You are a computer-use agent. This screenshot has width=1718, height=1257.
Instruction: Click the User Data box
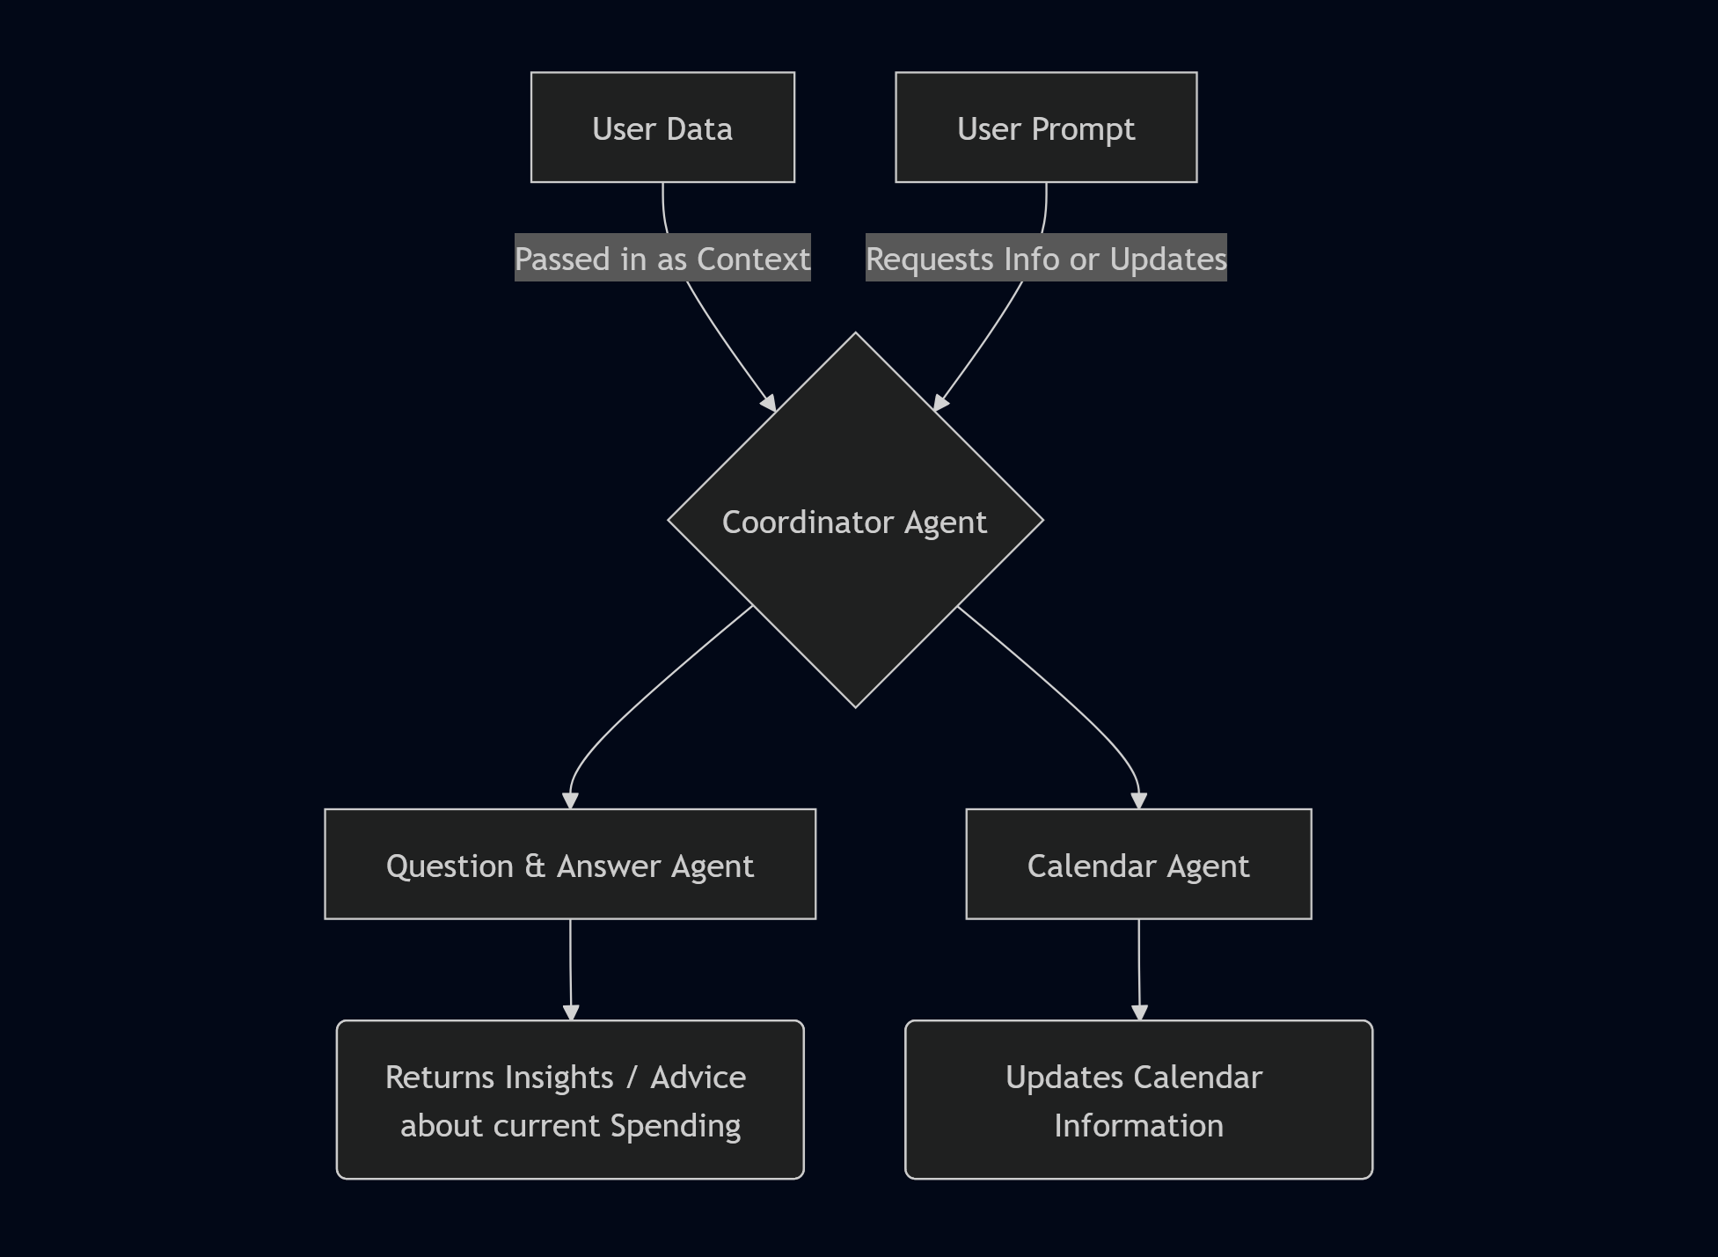tap(662, 128)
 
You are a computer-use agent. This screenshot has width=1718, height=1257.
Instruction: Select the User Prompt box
tap(1046, 128)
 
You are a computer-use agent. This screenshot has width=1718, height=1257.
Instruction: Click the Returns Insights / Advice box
tap(570, 1100)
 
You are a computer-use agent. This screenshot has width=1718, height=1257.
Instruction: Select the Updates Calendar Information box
tap(1138, 1100)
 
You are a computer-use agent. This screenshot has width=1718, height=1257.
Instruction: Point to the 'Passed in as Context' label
tap(662, 259)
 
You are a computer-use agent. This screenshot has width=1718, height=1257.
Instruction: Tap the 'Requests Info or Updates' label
tap(1046, 259)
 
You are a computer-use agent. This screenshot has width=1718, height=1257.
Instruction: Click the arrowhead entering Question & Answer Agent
tap(570, 800)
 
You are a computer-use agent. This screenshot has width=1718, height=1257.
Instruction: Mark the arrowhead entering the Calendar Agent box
tap(1139, 800)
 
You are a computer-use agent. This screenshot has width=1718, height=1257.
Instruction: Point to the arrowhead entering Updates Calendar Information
tap(1139, 1012)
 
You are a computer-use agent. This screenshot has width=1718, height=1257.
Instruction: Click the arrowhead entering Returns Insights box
tap(571, 1012)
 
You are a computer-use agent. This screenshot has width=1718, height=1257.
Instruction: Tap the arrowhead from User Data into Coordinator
tap(770, 403)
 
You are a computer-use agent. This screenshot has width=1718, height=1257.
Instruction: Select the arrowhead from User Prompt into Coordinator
tap(939, 403)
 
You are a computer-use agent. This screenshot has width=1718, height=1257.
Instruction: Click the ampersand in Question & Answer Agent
tap(535, 866)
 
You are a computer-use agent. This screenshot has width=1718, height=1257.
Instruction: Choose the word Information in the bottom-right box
tap(1138, 1126)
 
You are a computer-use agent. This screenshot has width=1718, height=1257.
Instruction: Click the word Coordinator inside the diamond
tap(808, 523)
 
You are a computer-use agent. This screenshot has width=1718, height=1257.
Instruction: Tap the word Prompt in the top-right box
tap(1083, 129)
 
